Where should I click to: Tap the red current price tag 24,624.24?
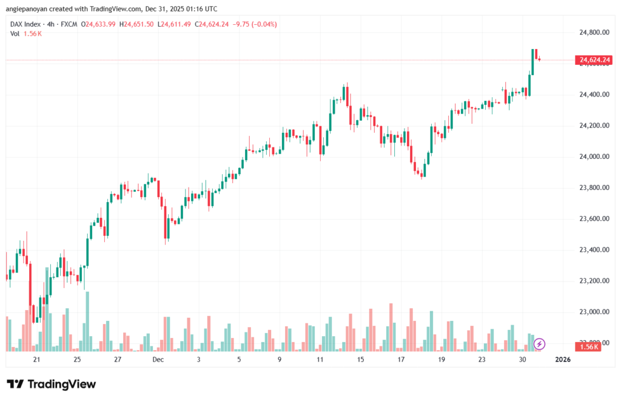click(x=594, y=60)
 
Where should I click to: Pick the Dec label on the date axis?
click(x=158, y=360)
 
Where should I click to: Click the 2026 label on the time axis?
click(x=563, y=360)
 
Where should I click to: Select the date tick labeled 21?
click(x=37, y=360)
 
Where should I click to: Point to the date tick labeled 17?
click(x=401, y=360)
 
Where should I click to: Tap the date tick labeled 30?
click(x=522, y=360)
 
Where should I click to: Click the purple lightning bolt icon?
click(x=539, y=345)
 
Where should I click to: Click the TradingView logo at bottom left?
click(x=52, y=384)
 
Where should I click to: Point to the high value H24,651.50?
click(x=137, y=24)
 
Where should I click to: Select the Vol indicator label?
click(x=15, y=33)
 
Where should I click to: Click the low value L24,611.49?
click(x=174, y=24)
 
